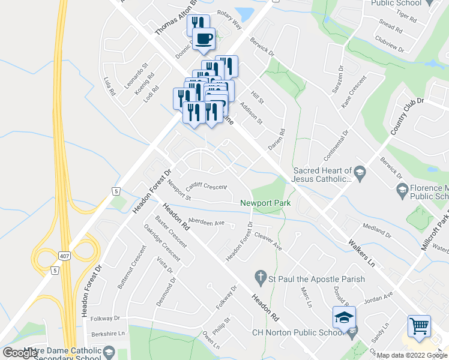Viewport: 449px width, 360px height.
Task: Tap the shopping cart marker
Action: (419, 326)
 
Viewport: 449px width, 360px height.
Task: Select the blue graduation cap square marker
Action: (345, 317)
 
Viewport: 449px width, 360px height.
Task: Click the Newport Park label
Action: (265, 203)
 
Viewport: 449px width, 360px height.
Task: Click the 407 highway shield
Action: (64, 256)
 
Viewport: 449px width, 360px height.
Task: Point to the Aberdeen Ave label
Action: (206, 221)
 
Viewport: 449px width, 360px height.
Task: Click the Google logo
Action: (21, 353)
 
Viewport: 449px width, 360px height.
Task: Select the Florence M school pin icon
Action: (402, 191)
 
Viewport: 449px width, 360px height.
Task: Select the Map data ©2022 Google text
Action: (412, 355)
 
